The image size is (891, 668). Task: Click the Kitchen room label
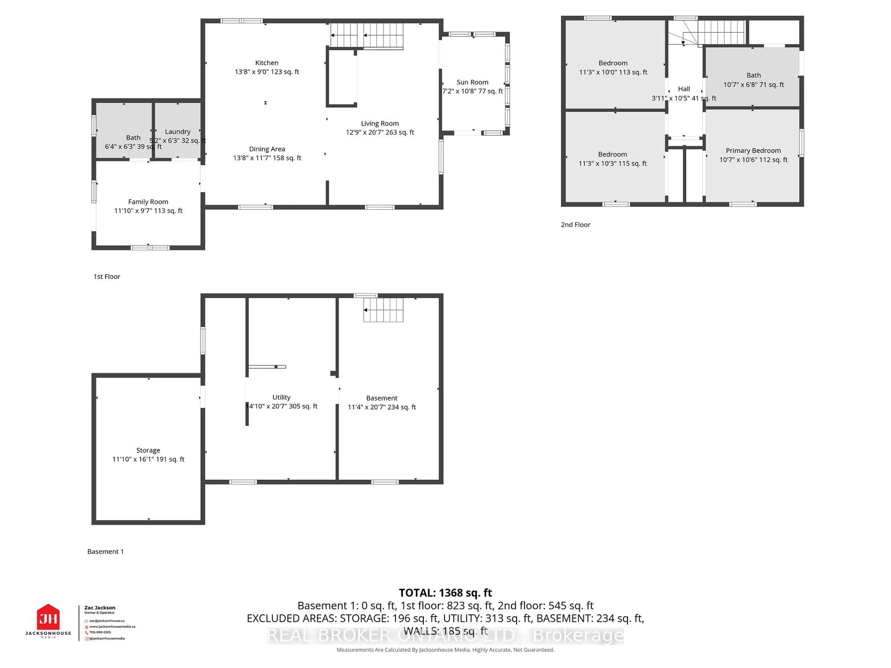pos(267,63)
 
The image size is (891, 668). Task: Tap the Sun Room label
pos(472,82)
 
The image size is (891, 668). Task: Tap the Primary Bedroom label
pos(753,151)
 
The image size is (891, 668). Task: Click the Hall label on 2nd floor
pos(684,89)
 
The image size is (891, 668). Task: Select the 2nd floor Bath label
pos(753,75)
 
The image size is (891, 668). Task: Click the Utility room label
pos(281,397)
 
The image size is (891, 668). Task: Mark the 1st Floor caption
pos(107,277)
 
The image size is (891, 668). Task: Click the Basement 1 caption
pos(106,552)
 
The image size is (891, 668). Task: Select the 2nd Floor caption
pos(575,225)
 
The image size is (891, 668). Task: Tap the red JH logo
pos(48,617)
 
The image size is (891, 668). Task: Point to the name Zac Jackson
pos(100,608)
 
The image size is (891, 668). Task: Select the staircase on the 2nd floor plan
pos(721,32)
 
